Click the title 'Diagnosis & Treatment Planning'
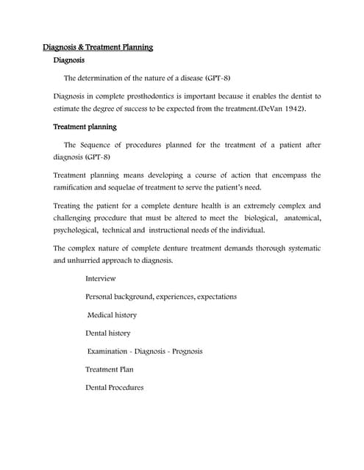click(98, 48)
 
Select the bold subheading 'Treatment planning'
click(85, 126)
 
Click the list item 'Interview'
click(100, 278)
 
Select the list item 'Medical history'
click(112, 315)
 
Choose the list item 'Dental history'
click(107, 333)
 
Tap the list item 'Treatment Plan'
click(110, 369)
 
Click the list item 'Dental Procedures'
click(114, 387)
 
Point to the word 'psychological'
click(78, 229)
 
